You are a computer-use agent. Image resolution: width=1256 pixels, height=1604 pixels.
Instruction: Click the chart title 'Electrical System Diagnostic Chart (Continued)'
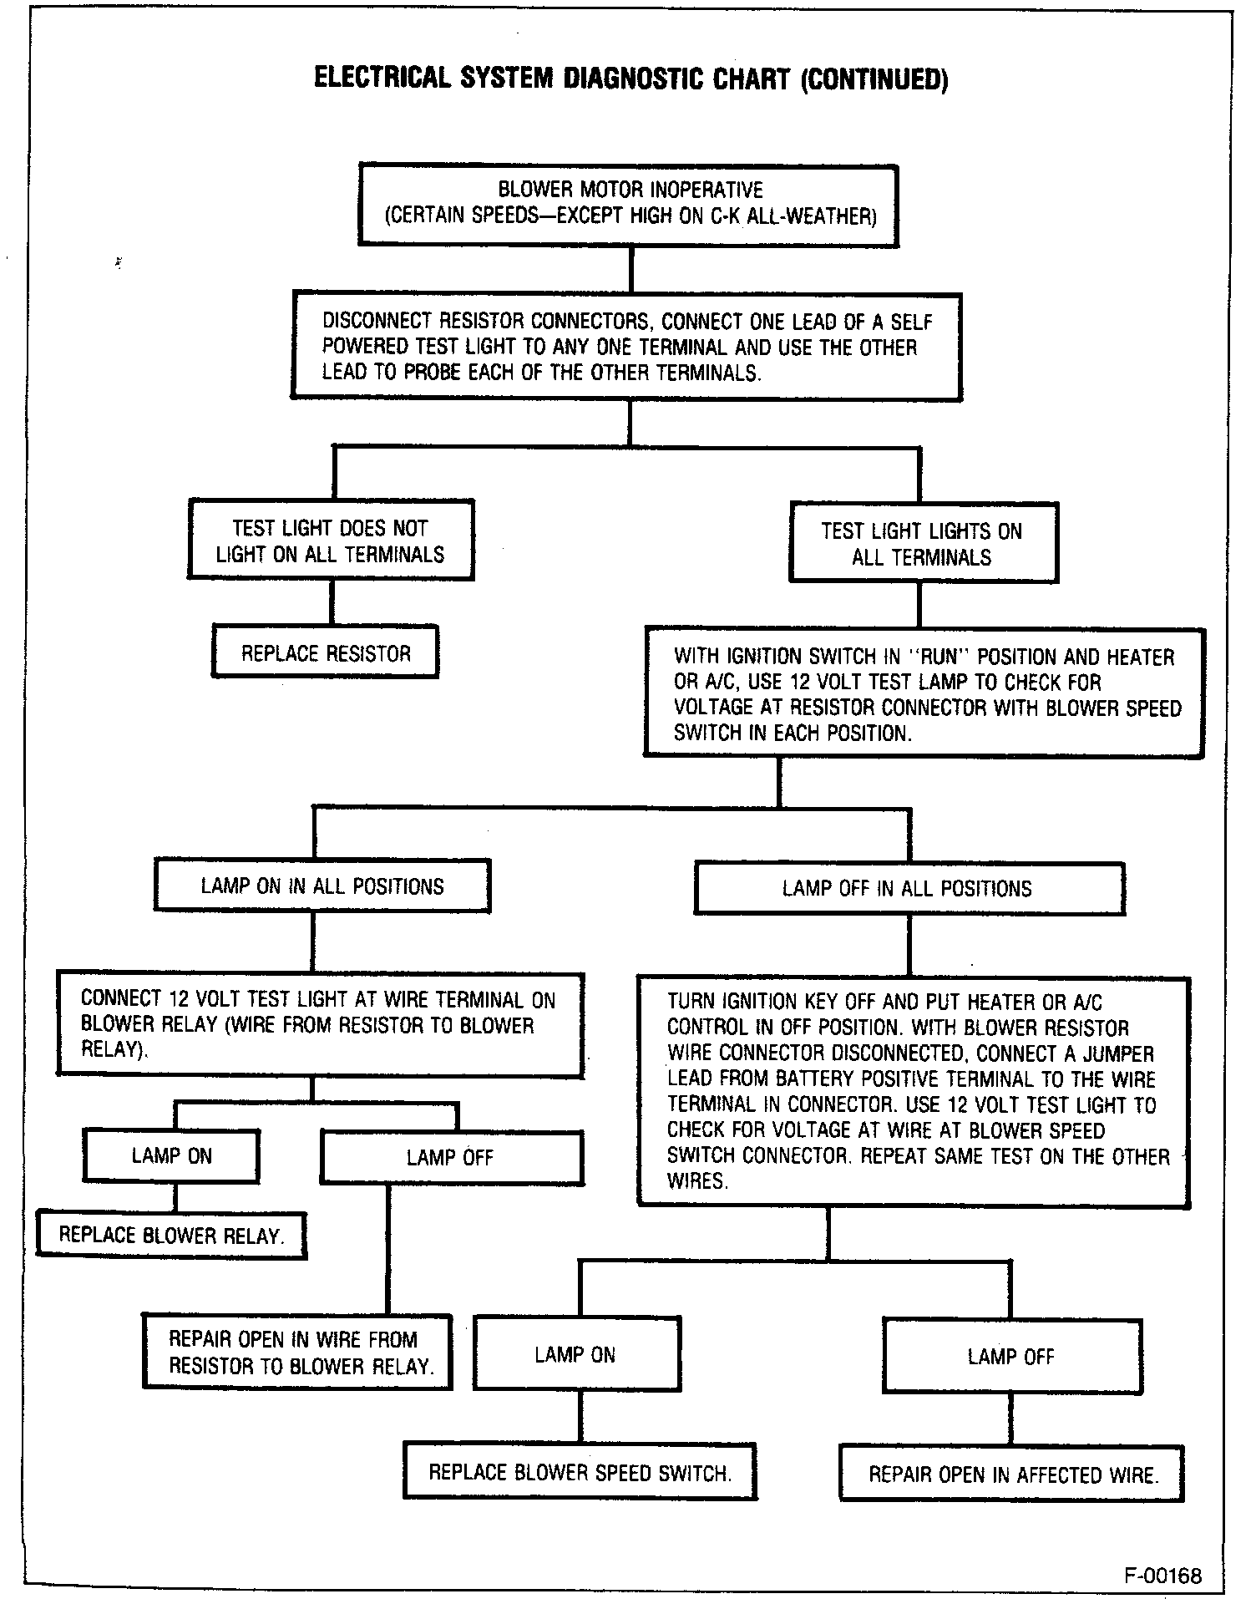click(631, 79)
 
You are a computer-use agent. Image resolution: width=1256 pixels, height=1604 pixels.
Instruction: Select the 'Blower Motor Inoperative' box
click(629, 204)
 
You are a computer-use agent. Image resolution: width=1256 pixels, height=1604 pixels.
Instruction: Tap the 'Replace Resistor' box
click(326, 652)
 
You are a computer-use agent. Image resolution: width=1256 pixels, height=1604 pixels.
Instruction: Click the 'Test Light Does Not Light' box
click(331, 541)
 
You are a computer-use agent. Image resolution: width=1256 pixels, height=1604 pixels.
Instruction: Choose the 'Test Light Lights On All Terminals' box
click(922, 543)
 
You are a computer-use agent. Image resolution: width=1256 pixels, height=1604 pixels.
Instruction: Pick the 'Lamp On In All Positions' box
click(322, 886)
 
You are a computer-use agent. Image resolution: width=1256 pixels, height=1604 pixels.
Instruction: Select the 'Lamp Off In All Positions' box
click(909, 888)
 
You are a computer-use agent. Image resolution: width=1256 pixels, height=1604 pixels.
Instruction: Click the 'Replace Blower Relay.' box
click(172, 1235)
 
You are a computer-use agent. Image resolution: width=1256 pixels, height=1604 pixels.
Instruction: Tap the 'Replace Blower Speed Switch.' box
click(580, 1472)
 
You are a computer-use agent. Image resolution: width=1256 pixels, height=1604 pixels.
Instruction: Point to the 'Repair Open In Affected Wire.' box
click(1012, 1474)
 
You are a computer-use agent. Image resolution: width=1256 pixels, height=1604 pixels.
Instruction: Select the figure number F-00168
click(1163, 1576)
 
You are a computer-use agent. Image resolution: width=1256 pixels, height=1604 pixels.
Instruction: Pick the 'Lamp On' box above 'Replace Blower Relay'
click(171, 1156)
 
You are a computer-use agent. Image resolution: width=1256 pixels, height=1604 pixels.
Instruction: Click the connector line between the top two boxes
click(631, 269)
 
